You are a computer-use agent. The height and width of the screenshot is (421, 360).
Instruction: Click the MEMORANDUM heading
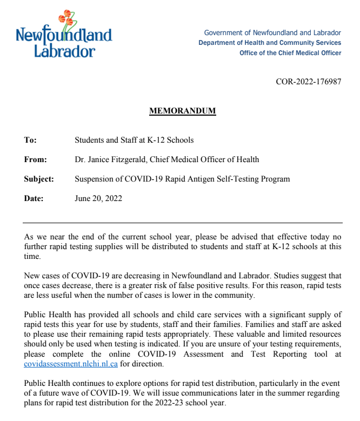click(182, 111)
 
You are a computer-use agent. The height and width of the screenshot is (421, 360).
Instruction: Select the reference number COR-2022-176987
click(308, 82)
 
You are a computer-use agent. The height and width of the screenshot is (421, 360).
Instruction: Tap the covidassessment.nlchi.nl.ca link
click(71, 364)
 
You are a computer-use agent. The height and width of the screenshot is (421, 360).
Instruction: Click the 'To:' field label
click(30, 140)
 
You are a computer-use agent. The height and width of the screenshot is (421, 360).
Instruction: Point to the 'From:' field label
click(36, 159)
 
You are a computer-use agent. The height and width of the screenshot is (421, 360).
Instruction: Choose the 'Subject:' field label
click(39, 179)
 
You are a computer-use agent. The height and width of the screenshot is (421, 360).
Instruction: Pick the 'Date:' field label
click(34, 198)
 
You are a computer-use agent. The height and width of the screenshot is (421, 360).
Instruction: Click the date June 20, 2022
click(98, 198)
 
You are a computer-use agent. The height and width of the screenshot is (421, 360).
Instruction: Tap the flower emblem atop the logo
click(65, 19)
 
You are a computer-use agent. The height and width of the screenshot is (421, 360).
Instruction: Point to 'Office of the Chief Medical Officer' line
click(290, 53)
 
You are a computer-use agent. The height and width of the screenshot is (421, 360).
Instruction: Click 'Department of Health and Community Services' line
click(270, 43)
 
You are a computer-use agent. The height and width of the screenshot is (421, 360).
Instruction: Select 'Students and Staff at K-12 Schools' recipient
click(134, 140)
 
